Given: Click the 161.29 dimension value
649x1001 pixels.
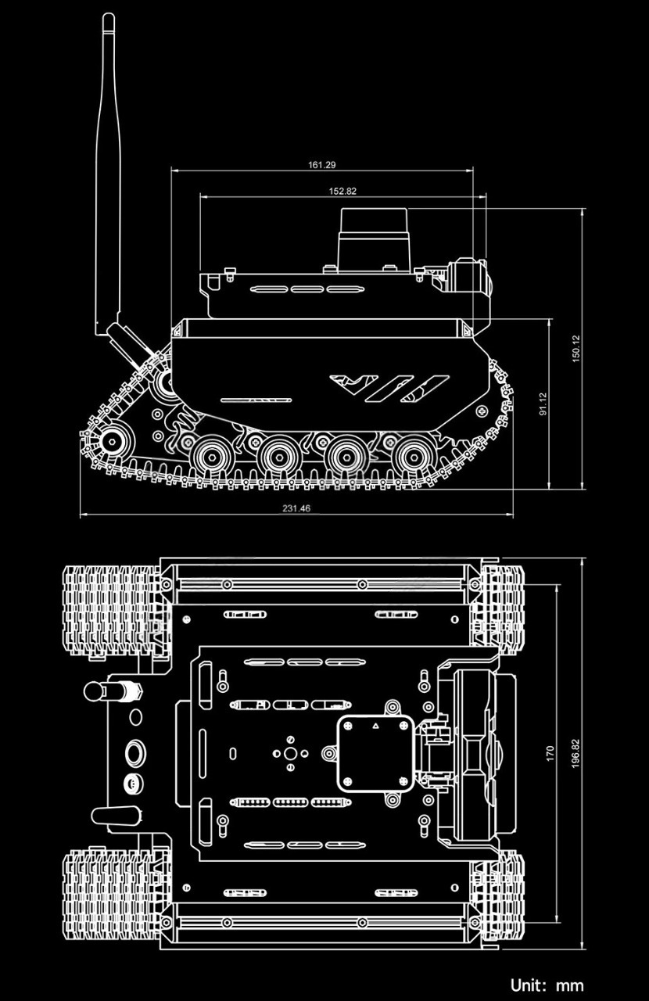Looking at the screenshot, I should click(322, 165).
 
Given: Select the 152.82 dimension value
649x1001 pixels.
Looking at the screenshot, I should click(342, 191).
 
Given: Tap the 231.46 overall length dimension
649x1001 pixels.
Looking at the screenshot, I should click(296, 508).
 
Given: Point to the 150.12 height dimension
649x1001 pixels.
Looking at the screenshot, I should click(576, 349).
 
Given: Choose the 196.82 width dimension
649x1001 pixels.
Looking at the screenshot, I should click(576, 755).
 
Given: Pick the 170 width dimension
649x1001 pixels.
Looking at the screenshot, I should click(550, 754).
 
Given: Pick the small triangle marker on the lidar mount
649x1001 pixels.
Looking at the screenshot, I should click(375, 727).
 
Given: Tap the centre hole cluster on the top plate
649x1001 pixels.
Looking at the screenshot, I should click(290, 753).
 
